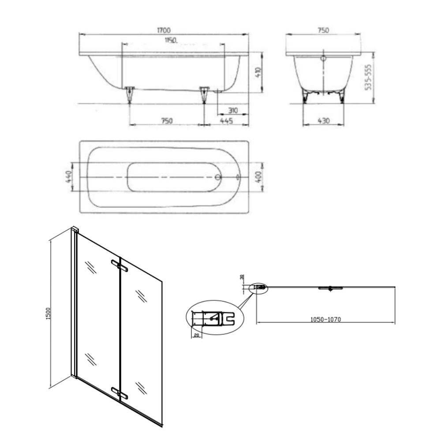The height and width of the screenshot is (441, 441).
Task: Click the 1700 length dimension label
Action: click(x=164, y=30)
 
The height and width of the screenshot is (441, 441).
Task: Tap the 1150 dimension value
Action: click(x=171, y=40)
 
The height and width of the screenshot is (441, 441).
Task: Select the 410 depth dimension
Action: click(x=258, y=73)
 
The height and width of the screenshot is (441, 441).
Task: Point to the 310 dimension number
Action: click(x=233, y=111)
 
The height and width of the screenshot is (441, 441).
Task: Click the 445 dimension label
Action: click(x=226, y=121)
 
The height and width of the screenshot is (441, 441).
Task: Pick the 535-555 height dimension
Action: click(x=368, y=77)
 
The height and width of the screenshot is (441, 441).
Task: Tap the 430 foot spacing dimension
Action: click(x=323, y=121)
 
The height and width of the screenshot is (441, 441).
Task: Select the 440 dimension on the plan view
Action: click(x=69, y=176)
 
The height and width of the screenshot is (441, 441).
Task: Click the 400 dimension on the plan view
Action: click(x=259, y=177)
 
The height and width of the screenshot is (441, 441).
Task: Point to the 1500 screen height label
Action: click(x=48, y=313)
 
